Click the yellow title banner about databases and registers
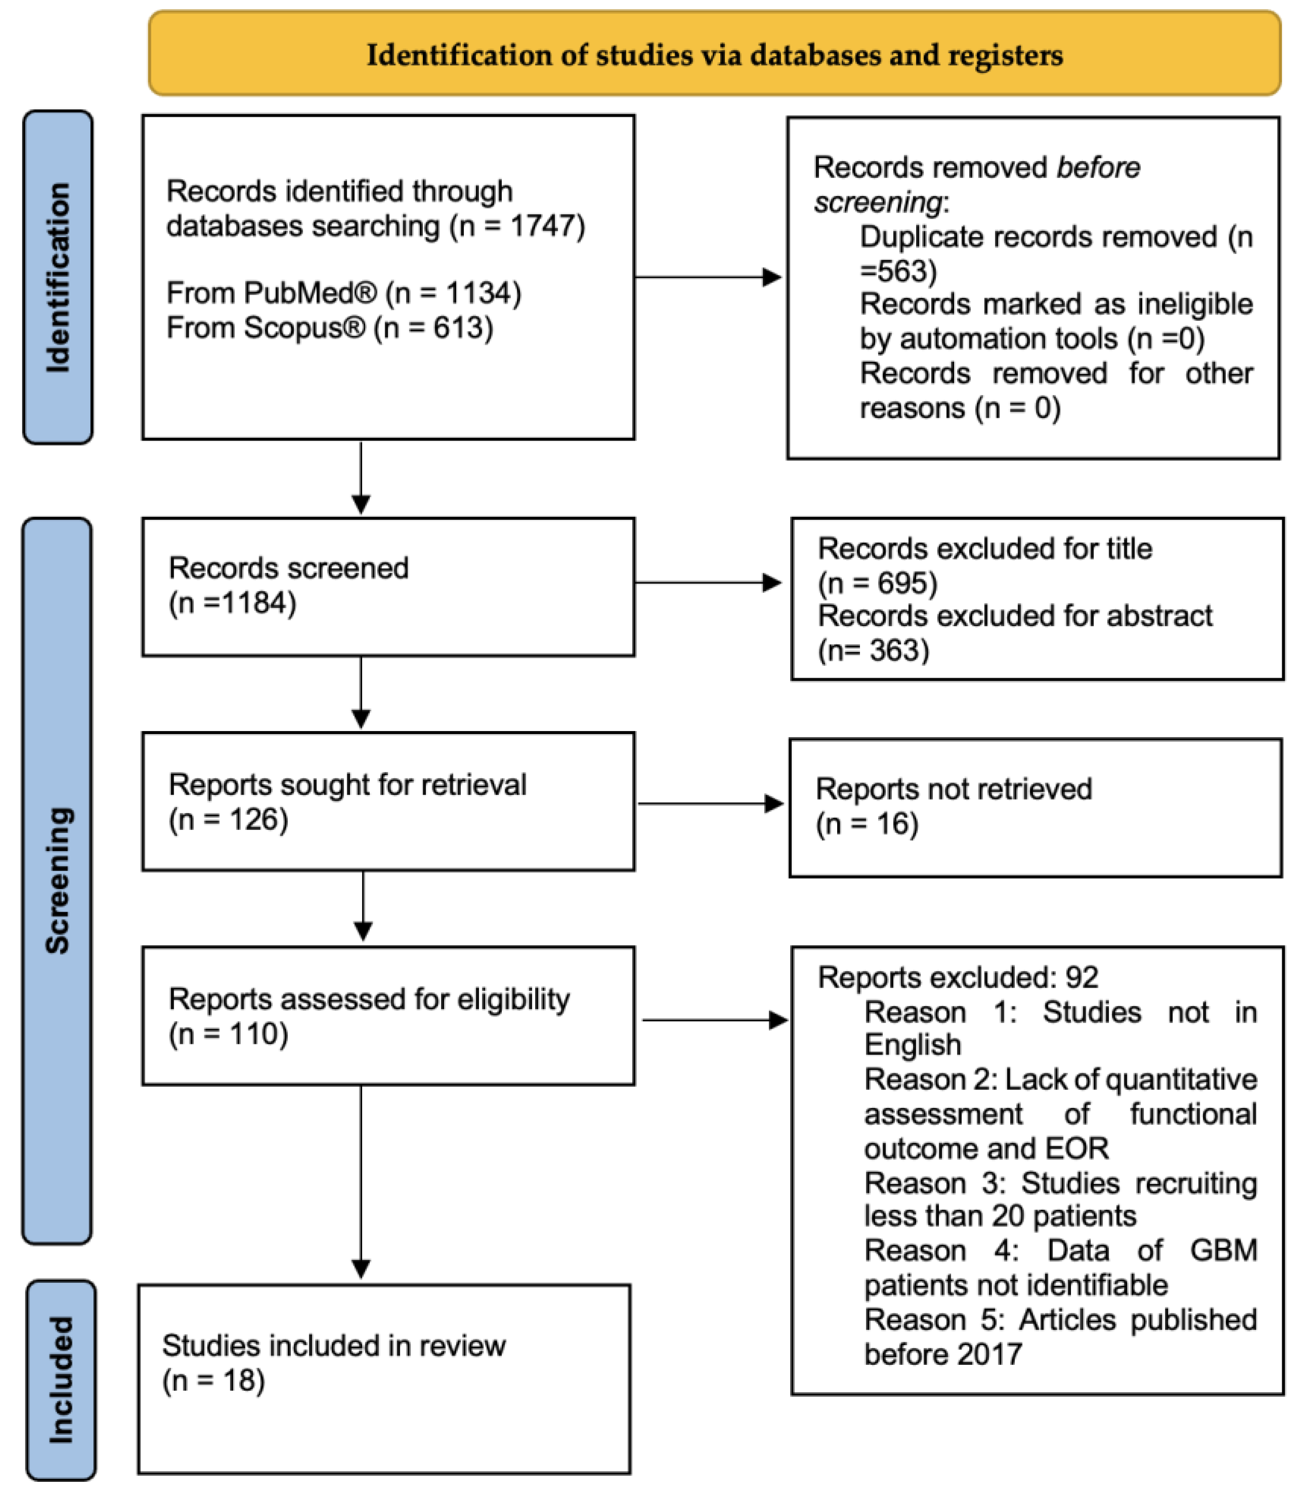pos(714,54)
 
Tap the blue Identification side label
pos(58,277)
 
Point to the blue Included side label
pos(61,1381)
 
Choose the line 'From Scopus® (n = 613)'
pos(330,328)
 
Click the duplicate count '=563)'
pos(898,271)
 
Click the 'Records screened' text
pos(288,568)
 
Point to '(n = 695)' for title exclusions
pos(877,583)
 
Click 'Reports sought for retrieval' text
pos(347,785)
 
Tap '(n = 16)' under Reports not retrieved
pos(867,824)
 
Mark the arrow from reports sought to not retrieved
pos(710,804)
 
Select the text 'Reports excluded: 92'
pos(958,978)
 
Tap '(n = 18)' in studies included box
pos(213,1381)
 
